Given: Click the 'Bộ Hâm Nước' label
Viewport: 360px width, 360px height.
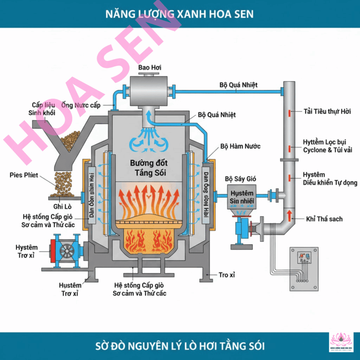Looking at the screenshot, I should coord(240,146).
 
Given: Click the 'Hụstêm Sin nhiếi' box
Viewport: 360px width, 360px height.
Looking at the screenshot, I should coord(242,197).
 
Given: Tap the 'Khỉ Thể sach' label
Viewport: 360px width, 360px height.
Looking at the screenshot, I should coord(324,219).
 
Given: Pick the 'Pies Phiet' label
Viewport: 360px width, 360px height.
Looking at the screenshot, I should coord(24,175).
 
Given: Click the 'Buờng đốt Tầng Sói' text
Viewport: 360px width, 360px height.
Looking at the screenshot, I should coord(149,168).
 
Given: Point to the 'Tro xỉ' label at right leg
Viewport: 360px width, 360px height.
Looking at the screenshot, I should coord(226,275).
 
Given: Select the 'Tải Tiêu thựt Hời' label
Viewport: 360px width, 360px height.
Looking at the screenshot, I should coord(327,112).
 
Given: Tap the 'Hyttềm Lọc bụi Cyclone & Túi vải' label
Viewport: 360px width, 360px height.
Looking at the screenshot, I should coord(327,146).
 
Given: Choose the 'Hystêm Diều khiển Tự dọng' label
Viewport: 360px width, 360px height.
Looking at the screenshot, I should coord(330,179).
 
